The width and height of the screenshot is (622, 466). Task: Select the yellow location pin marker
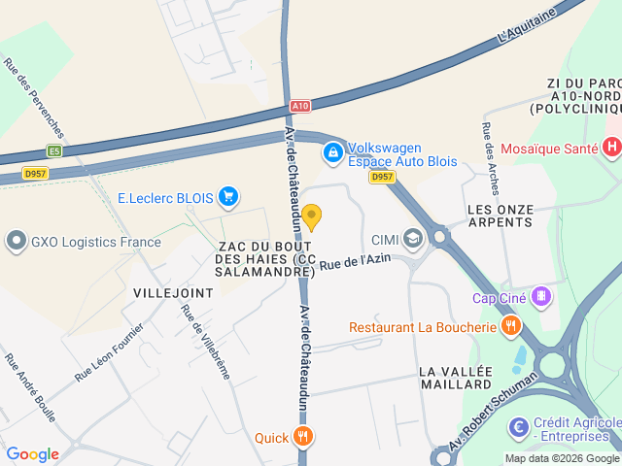point(311,216)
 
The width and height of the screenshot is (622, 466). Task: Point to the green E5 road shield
point(53,150)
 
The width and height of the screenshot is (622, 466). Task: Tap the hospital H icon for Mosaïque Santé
point(611,149)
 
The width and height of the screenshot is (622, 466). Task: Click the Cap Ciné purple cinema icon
point(541,297)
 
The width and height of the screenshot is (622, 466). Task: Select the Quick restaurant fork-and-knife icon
point(304,437)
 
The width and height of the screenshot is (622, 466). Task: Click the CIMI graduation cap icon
point(413,239)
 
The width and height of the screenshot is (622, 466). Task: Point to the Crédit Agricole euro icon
point(519,424)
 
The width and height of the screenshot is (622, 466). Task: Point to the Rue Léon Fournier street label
point(109,350)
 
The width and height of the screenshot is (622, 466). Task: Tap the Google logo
point(32,454)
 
